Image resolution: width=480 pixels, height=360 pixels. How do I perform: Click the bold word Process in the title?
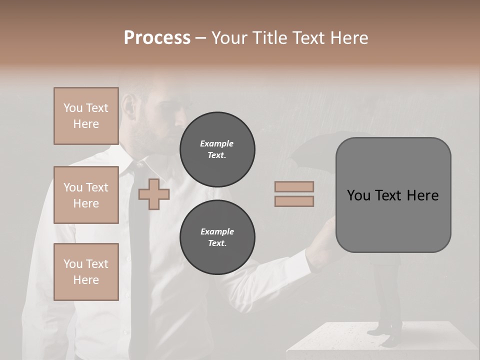157,38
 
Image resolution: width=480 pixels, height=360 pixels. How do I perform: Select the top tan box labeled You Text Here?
86,116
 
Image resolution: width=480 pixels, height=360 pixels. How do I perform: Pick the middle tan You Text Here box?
86,195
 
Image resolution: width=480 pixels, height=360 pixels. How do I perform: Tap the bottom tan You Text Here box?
86,272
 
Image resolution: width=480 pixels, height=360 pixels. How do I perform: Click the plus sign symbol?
154,194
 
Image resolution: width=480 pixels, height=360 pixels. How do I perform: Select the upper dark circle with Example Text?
217,149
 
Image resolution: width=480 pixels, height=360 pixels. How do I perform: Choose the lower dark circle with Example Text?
217,237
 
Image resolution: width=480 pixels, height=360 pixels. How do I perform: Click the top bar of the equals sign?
294,187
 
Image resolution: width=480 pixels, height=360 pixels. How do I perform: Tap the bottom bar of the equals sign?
294,201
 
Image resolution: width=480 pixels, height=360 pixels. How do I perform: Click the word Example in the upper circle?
217,143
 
